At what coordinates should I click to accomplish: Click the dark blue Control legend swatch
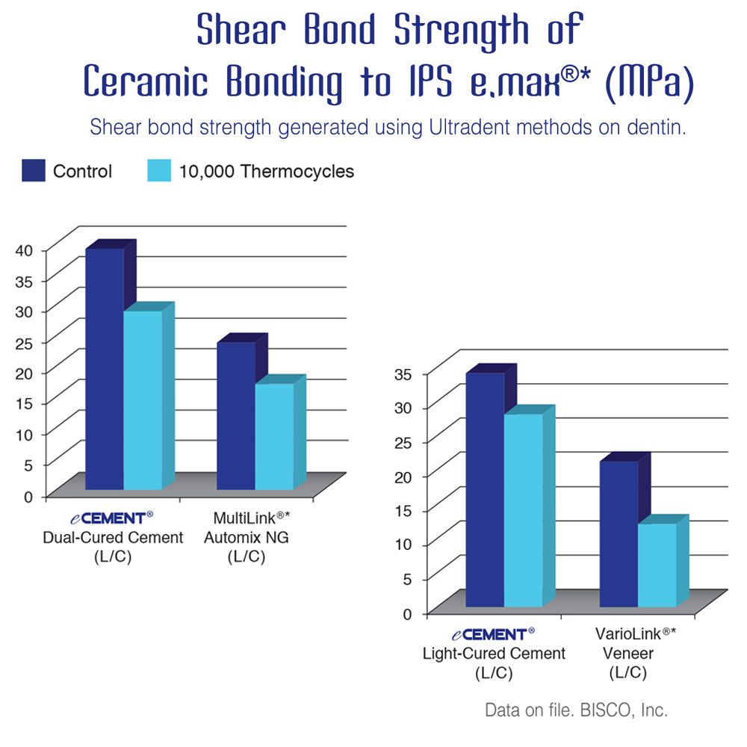point(34,170)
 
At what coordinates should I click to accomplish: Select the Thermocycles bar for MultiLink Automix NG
point(274,436)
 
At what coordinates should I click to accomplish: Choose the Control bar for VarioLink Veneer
point(619,533)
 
